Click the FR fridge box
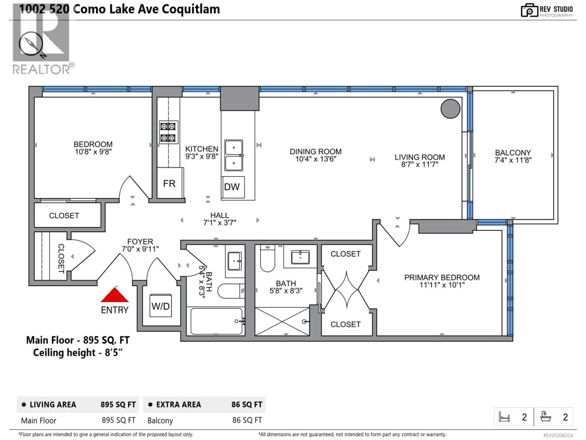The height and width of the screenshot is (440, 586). click(x=170, y=183)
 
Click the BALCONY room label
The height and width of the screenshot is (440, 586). click(x=513, y=153)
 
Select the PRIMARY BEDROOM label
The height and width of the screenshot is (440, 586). click(x=442, y=277)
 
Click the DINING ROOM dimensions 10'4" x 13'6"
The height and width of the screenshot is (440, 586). click(x=316, y=159)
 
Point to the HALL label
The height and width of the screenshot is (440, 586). click(x=220, y=215)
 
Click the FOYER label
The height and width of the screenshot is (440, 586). click(x=140, y=242)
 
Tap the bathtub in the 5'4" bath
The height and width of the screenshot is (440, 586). click(x=216, y=321)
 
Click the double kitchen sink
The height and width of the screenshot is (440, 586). click(x=234, y=155)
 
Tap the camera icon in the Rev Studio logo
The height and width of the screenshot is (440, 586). click(x=529, y=11)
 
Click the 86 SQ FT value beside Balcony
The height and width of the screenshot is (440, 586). click(x=247, y=420)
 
